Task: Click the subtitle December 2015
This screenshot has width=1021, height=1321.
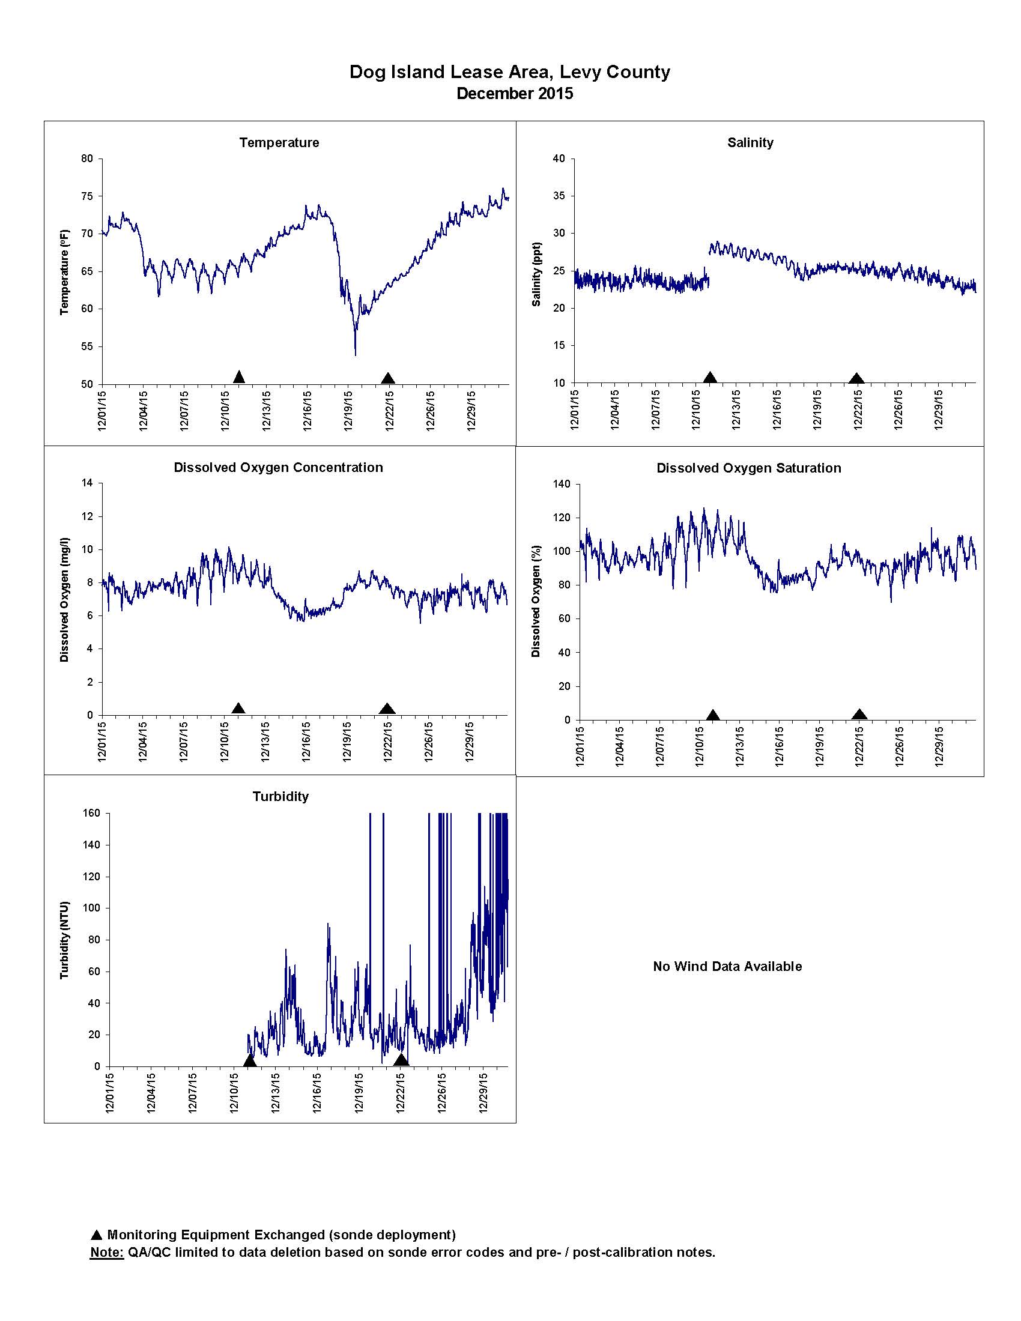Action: pyautogui.click(x=515, y=94)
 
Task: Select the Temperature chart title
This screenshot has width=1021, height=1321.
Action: pyautogui.click(x=279, y=143)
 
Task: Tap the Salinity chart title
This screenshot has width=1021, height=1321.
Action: pyautogui.click(x=750, y=143)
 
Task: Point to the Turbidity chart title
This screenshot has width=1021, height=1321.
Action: pyautogui.click(x=280, y=797)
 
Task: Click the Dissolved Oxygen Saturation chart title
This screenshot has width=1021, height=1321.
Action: pyautogui.click(x=749, y=468)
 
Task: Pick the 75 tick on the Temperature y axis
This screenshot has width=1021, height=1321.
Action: pyautogui.click(x=88, y=196)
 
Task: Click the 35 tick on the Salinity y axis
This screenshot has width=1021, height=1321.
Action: pyautogui.click(x=559, y=196)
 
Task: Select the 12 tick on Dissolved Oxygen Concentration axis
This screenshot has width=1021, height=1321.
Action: pyautogui.click(x=88, y=516)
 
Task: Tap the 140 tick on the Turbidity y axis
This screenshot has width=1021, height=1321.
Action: pyautogui.click(x=92, y=845)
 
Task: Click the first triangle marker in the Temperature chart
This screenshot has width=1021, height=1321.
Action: pyautogui.click(x=239, y=377)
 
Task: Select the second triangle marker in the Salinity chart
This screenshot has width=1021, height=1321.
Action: pyautogui.click(x=856, y=379)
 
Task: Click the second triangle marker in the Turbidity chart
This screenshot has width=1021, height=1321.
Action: pyautogui.click(x=401, y=1060)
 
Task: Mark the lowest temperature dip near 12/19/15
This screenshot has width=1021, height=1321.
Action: pyautogui.click(x=355, y=354)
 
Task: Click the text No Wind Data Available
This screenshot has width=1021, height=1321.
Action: pyautogui.click(x=727, y=967)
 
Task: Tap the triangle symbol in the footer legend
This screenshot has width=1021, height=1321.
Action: pyautogui.click(x=96, y=1235)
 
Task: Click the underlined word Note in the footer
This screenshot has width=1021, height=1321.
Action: pyautogui.click(x=106, y=1252)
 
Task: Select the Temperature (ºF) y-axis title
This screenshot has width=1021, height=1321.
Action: pyautogui.click(x=65, y=272)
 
